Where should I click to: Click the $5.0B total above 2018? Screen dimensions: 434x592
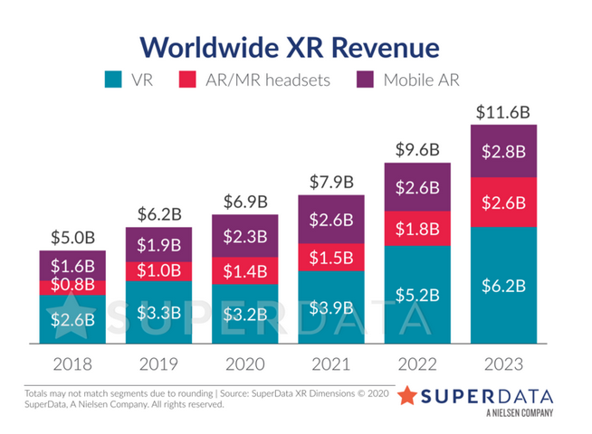(72, 239)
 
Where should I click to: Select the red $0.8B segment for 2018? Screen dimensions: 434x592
(72, 288)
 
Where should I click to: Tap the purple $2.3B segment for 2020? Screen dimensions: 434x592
(244, 237)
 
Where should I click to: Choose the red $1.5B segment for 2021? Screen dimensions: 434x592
(330, 259)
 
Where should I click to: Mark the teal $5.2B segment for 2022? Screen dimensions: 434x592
(416, 294)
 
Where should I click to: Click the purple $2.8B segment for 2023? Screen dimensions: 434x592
(502, 150)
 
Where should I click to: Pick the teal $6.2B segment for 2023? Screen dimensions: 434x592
(502, 286)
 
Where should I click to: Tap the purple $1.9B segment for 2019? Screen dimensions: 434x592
(158, 245)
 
